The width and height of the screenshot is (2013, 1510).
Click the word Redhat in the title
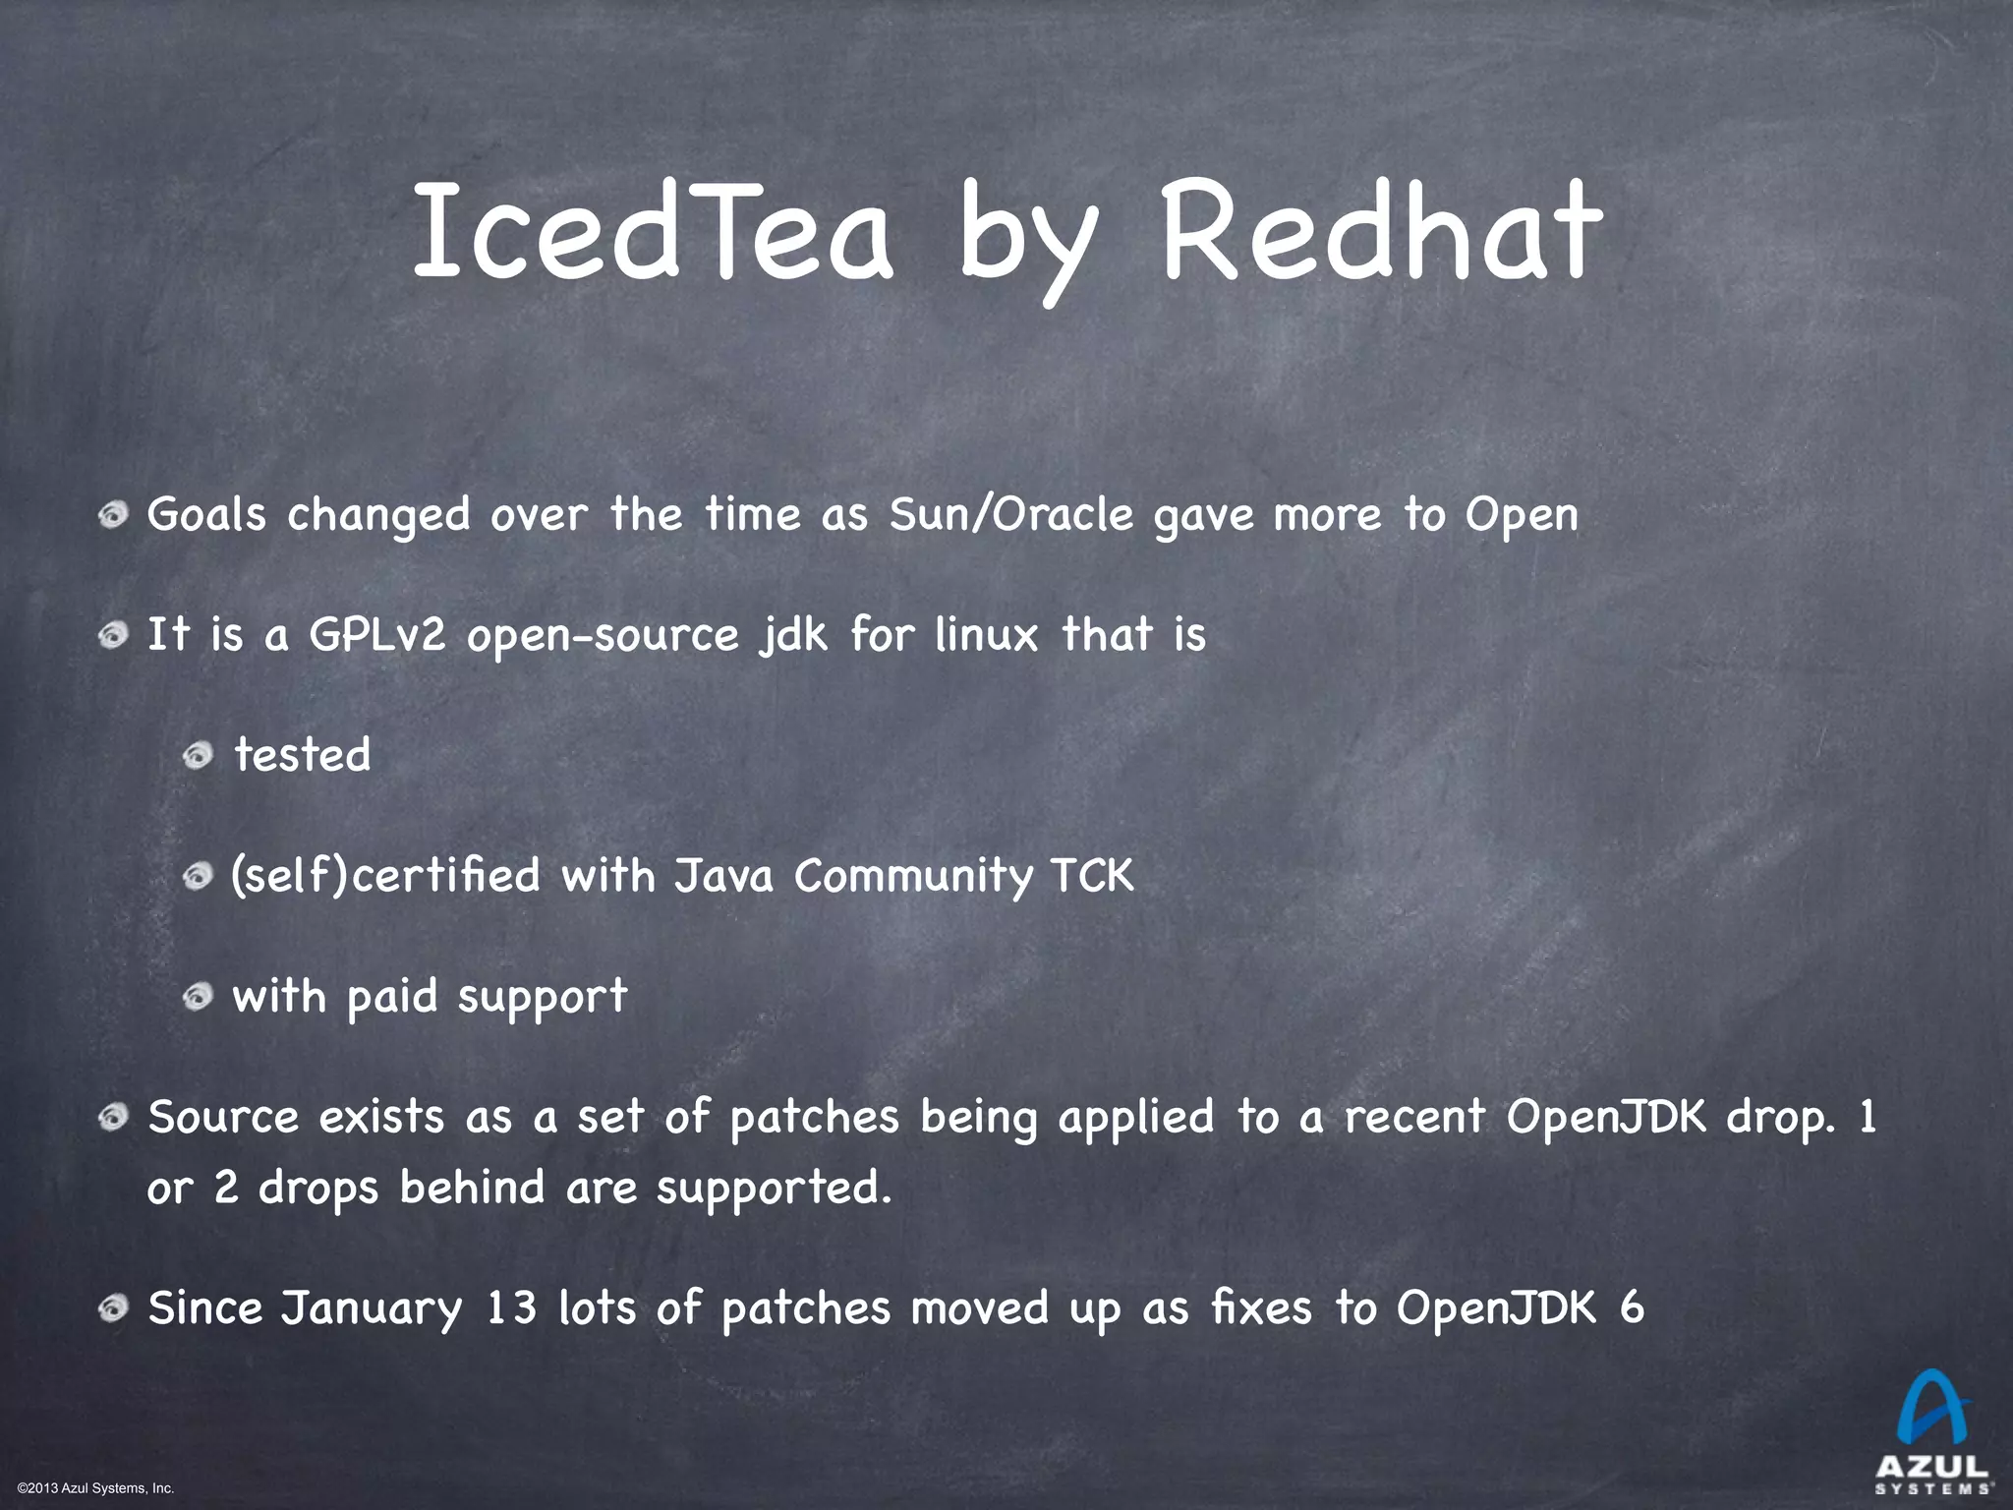(x=1382, y=232)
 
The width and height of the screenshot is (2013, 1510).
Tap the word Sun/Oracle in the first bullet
(x=1011, y=514)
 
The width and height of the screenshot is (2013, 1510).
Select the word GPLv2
(x=377, y=635)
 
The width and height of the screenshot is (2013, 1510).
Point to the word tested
(x=303, y=755)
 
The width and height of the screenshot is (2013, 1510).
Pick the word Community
(x=913, y=875)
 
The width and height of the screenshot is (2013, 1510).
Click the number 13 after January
(x=512, y=1308)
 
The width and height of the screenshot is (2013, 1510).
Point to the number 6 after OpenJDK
(x=1632, y=1308)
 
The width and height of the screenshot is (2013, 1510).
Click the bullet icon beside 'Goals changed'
(x=114, y=514)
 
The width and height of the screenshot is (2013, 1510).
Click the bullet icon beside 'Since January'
(x=114, y=1308)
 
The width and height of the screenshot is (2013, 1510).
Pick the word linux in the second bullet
(x=986, y=635)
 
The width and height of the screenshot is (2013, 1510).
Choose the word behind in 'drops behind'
(x=472, y=1188)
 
